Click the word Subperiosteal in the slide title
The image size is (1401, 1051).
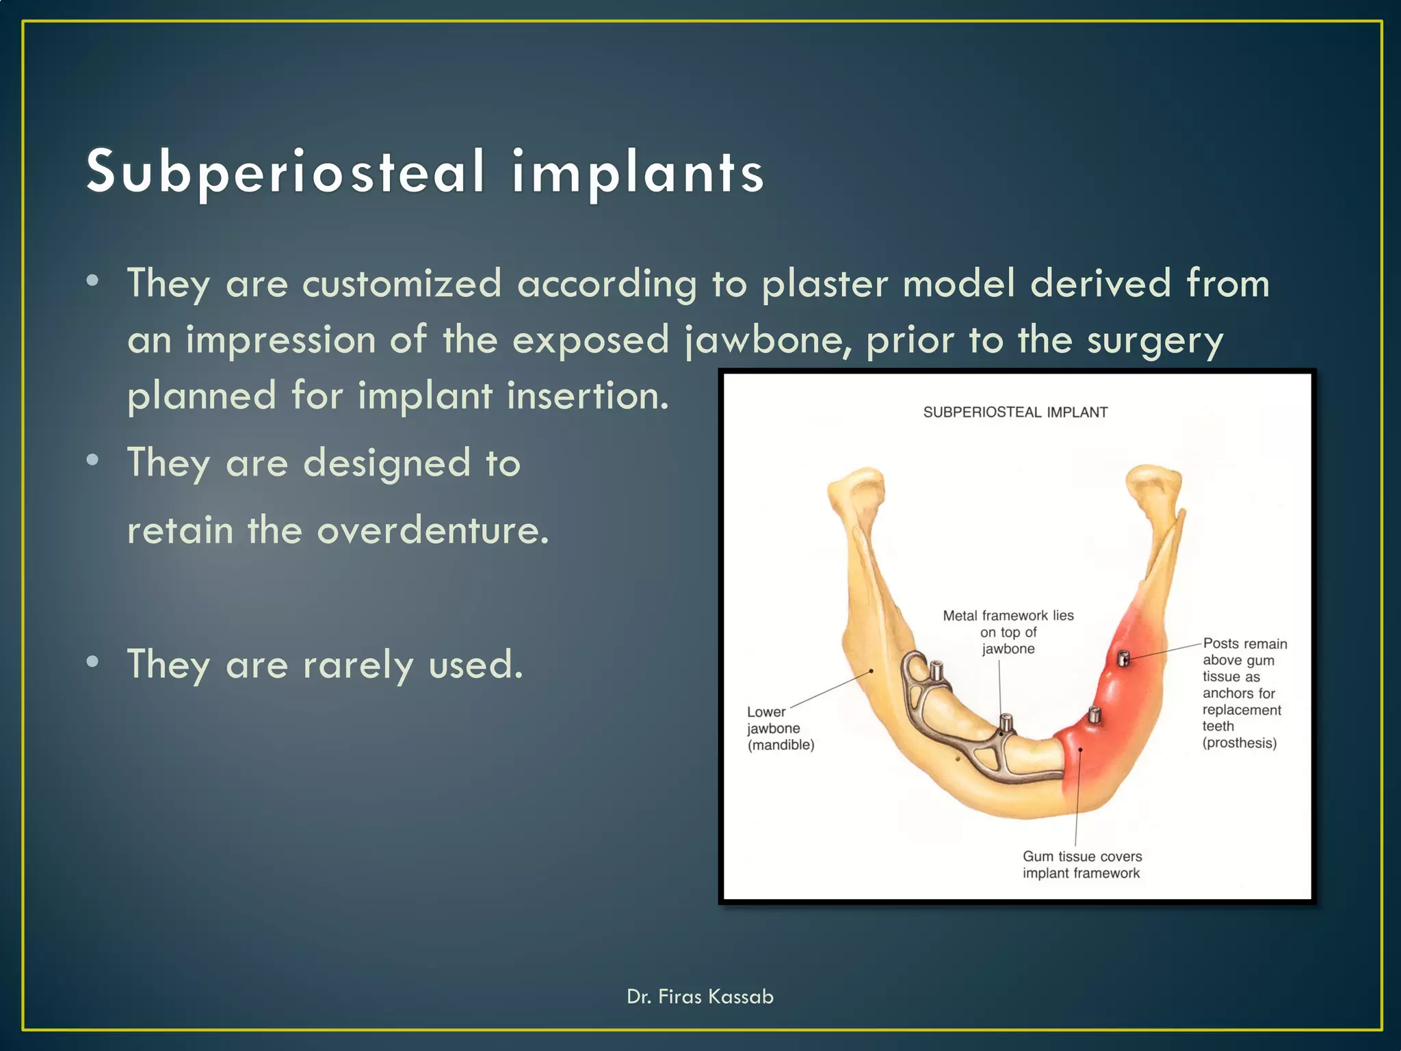coord(286,172)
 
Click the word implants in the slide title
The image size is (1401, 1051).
coord(638,172)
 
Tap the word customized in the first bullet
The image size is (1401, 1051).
coord(402,283)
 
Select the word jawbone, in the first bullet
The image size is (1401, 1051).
coord(769,340)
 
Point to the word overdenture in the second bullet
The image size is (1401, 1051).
coord(432,530)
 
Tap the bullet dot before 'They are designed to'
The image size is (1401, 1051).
coord(93,460)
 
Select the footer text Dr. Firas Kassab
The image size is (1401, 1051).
coord(700,996)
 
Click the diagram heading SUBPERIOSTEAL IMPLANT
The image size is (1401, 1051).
coord(1015,413)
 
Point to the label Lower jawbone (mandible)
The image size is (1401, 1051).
coord(780,728)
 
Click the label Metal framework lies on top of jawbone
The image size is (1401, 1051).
coord(1008,632)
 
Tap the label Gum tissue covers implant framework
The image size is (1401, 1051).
coord(1082,865)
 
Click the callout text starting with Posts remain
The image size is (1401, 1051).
coord(1244,693)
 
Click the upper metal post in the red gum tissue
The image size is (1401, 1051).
coord(1123,658)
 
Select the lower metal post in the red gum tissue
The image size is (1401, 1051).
coord(1094,714)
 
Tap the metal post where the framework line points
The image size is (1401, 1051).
coord(1006,723)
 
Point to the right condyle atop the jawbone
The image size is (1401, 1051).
coord(1155,483)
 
